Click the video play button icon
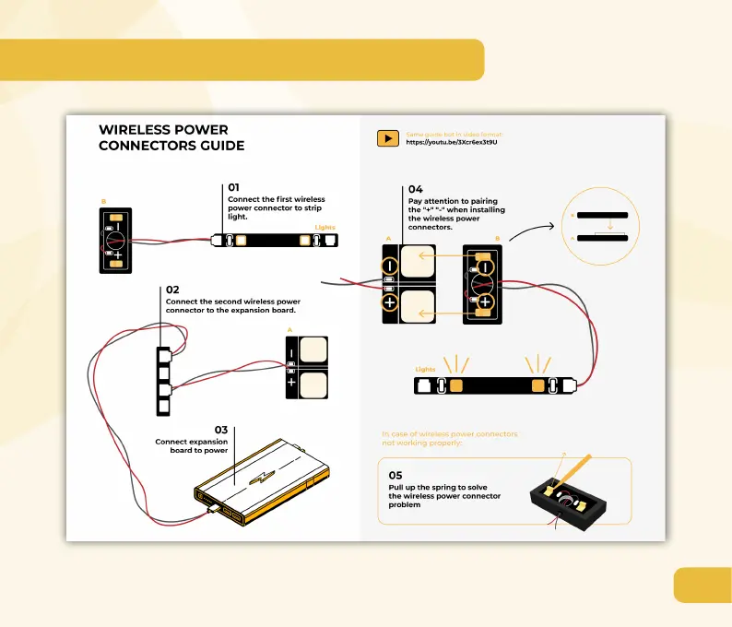(x=388, y=138)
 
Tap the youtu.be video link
(x=452, y=142)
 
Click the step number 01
(x=234, y=188)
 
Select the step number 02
(x=172, y=290)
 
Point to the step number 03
(x=221, y=430)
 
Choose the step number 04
(x=415, y=190)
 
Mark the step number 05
(x=396, y=475)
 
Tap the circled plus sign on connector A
(x=390, y=302)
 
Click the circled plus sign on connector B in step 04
(x=483, y=302)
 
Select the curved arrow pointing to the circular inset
(x=532, y=228)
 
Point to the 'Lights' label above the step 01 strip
(x=325, y=227)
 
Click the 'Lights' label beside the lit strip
(x=425, y=369)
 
